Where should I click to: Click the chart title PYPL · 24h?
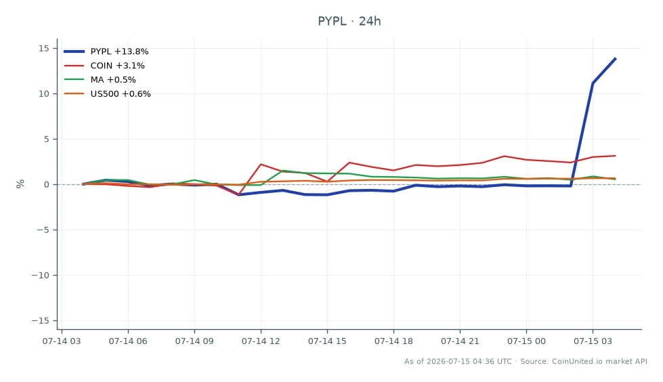click(x=349, y=21)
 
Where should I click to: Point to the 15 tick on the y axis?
click(x=44, y=48)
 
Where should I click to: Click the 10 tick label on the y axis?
click(x=44, y=93)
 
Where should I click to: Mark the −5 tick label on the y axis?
click(x=41, y=230)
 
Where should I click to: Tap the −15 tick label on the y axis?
click(x=41, y=320)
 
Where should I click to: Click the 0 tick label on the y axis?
click(x=47, y=184)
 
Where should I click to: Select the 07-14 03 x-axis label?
click(x=62, y=341)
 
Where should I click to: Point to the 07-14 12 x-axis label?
click(x=261, y=341)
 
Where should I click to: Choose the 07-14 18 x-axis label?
click(x=393, y=341)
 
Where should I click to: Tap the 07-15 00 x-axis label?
click(x=526, y=341)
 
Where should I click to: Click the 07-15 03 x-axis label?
click(x=593, y=341)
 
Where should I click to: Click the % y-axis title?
click(x=20, y=184)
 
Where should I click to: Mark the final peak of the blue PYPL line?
click(x=615, y=59)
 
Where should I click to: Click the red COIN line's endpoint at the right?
click(x=615, y=156)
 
